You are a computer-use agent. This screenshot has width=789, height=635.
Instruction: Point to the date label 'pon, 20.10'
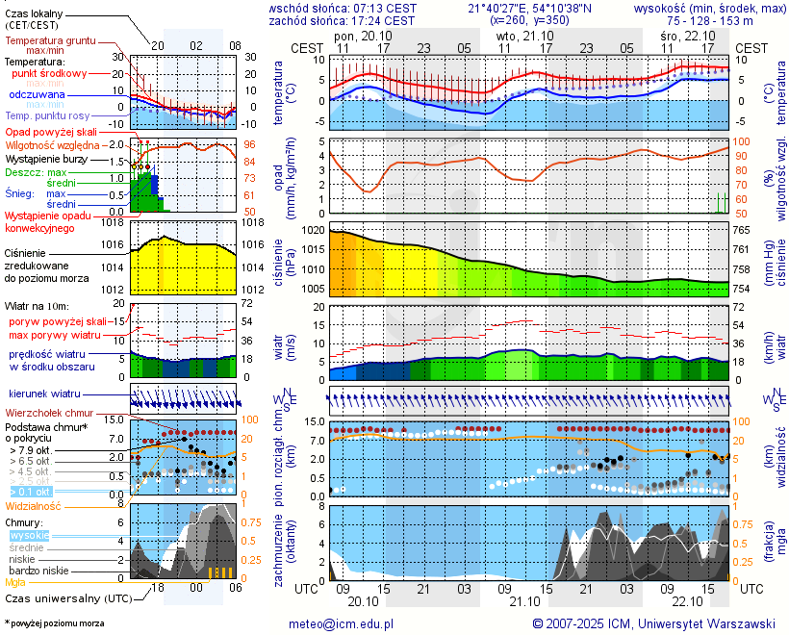point(358,35)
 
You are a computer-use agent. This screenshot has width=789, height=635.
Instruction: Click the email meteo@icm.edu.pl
point(342,623)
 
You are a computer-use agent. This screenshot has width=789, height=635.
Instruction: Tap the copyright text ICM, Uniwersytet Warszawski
point(654,623)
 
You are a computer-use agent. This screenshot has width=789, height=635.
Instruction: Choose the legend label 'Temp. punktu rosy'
point(48,115)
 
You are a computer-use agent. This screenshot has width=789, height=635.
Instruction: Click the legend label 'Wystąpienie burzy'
point(44,158)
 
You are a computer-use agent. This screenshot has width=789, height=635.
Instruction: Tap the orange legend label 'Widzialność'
point(34,505)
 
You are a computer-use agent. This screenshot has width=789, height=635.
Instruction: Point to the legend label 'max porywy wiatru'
point(55,335)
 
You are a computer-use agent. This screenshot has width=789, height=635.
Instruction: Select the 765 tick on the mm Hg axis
point(743,231)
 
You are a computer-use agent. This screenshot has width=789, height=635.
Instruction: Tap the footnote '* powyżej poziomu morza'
point(54,623)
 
